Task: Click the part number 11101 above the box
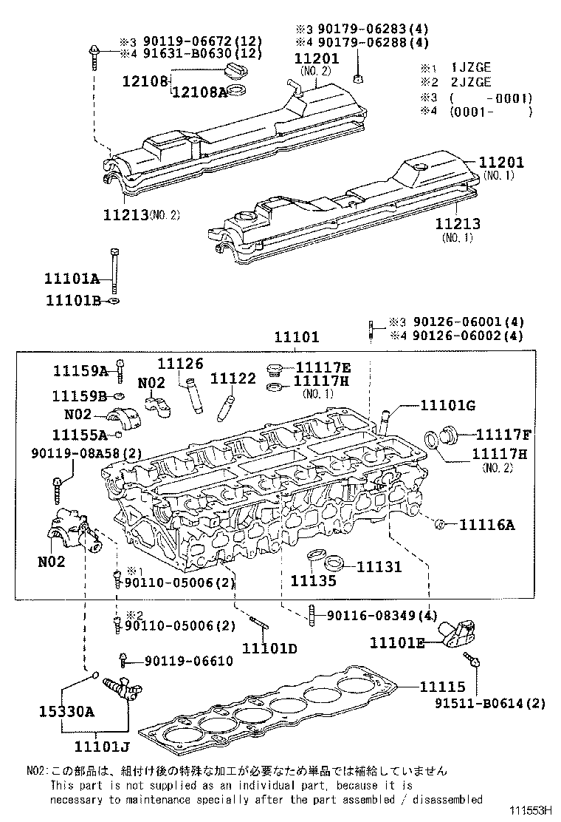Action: [297, 337]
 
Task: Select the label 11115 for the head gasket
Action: [443, 687]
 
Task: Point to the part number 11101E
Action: [397, 643]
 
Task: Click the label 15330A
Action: [67, 712]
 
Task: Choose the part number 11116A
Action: [487, 525]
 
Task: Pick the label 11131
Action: [379, 567]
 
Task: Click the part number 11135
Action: [313, 581]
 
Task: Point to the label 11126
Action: [180, 364]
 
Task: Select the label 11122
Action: [233, 378]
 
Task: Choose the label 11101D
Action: [271, 648]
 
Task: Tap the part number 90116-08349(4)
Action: [382, 615]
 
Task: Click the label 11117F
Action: [502, 435]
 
